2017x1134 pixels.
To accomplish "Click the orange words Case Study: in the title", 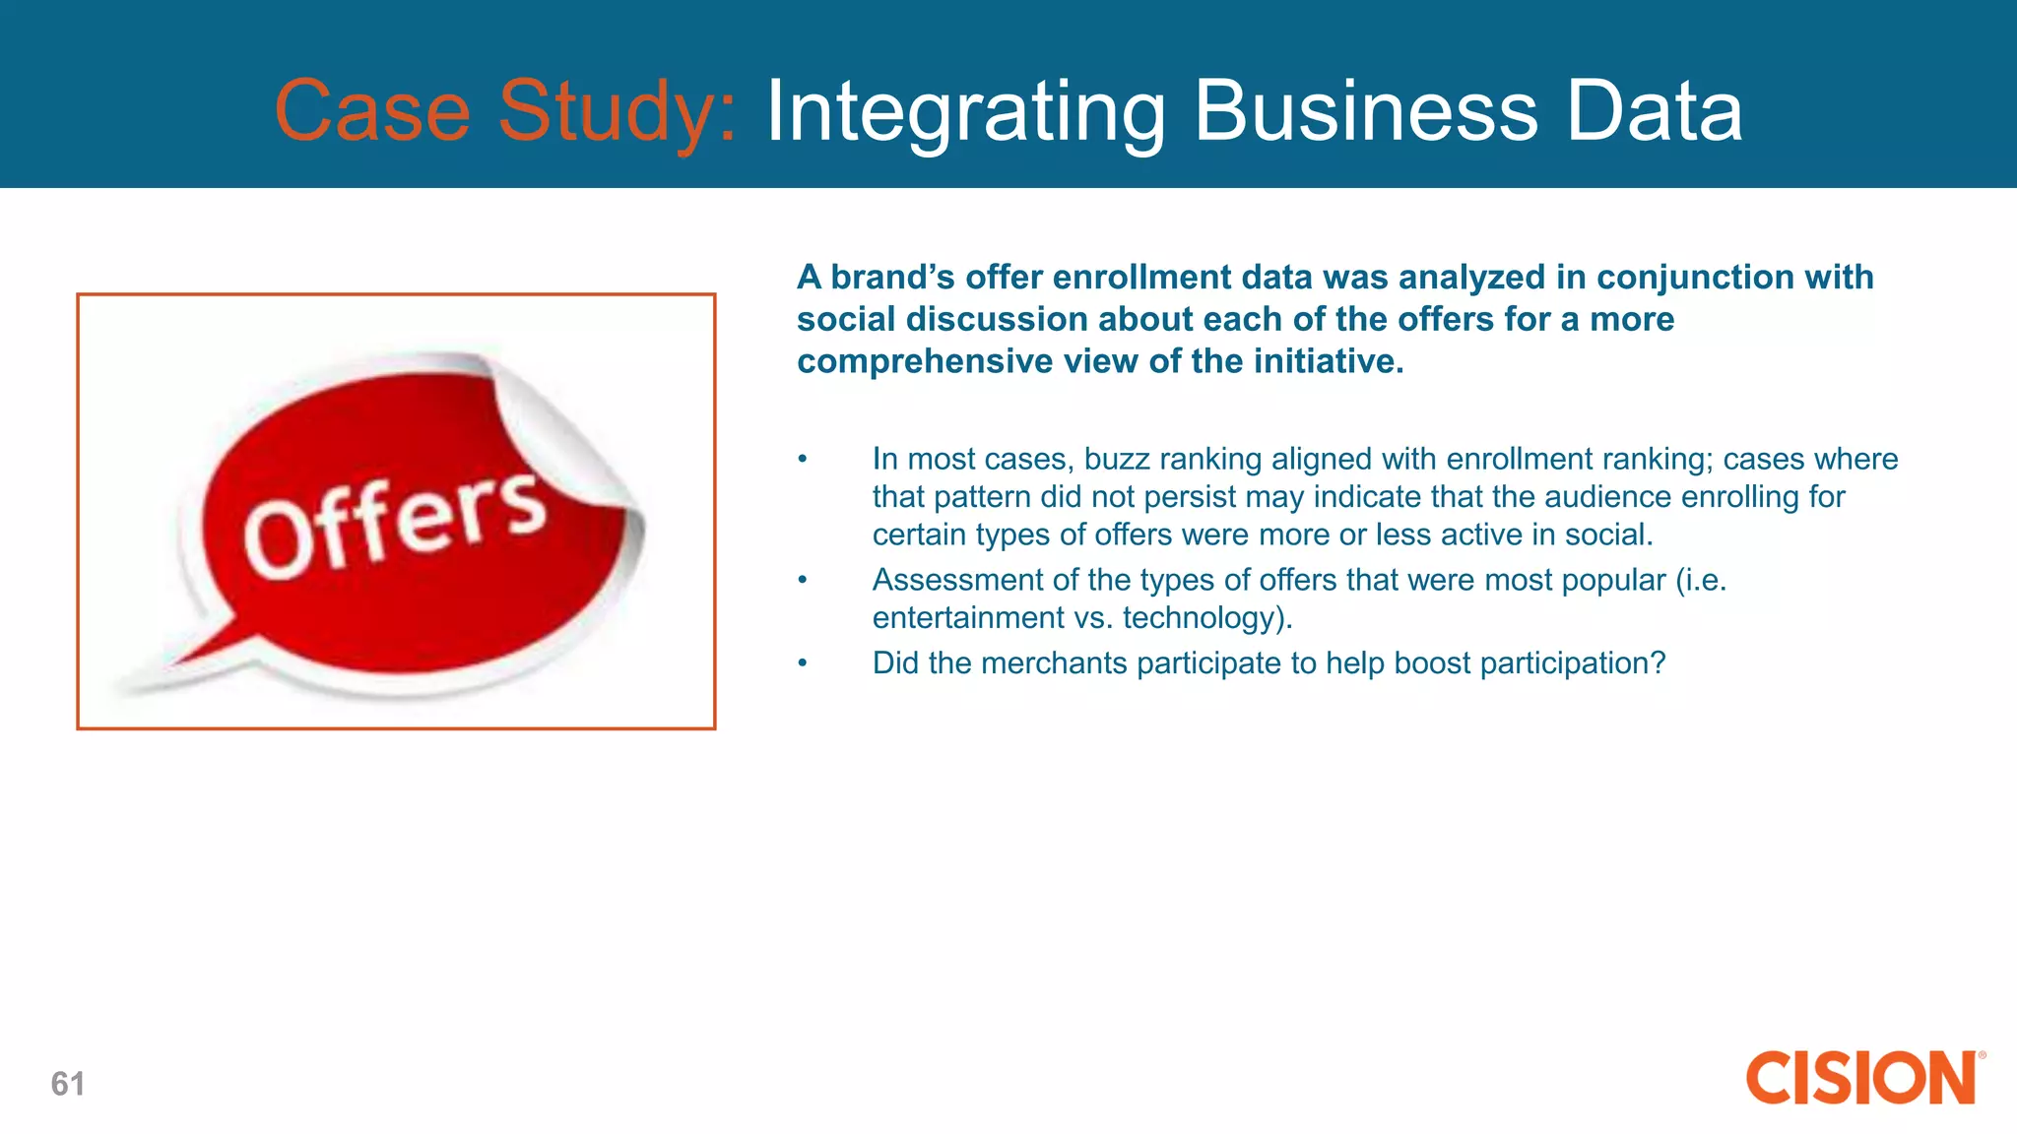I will coord(504,111).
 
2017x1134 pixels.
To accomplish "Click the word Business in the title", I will coord(1366,111).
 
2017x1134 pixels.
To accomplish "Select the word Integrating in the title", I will coord(965,111).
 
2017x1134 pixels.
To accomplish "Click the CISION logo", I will coord(1861,1078).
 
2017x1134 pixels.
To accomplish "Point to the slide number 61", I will coord(68,1084).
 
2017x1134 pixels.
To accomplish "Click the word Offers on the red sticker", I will coord(394,524).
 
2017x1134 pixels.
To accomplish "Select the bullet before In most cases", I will coord(803,460).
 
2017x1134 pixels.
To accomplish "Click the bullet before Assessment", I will coord(803,581).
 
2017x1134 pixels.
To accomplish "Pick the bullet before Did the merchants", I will coord(803,663).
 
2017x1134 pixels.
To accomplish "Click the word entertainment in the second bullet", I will coord(968,618).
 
